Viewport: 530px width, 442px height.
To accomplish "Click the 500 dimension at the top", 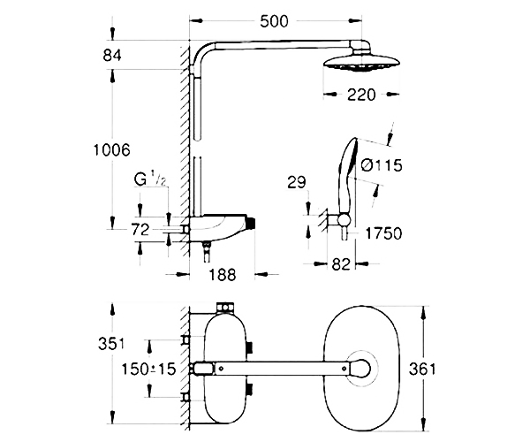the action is click(274, 21).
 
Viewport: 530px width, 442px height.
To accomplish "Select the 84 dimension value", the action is click(112, 55).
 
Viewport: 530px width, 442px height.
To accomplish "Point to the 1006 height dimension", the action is click(111, 149).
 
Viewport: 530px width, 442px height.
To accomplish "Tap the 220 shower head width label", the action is click(361, 95).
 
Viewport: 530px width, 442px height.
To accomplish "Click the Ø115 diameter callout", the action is click(382, 165).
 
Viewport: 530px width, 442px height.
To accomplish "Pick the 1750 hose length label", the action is click(384, 233).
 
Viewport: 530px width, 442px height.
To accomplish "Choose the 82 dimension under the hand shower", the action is click(341, 263).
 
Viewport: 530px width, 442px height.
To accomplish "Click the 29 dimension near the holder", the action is click(296, 182).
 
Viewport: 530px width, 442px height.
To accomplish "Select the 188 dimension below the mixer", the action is click(222, 274).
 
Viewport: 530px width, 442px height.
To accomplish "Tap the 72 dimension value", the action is click(140, 230).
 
